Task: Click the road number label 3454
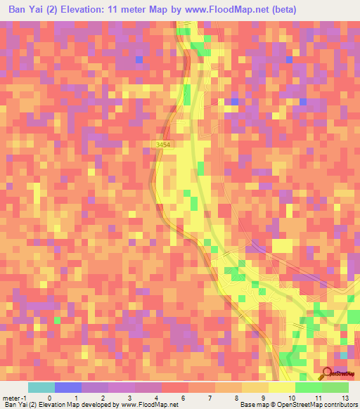pos(163,145)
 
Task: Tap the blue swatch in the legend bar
pos(67,387)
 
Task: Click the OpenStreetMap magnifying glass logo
pos(326,373)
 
